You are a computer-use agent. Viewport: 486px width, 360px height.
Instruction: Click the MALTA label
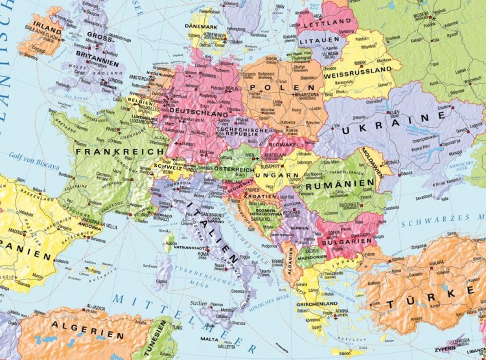click(209, 339)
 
